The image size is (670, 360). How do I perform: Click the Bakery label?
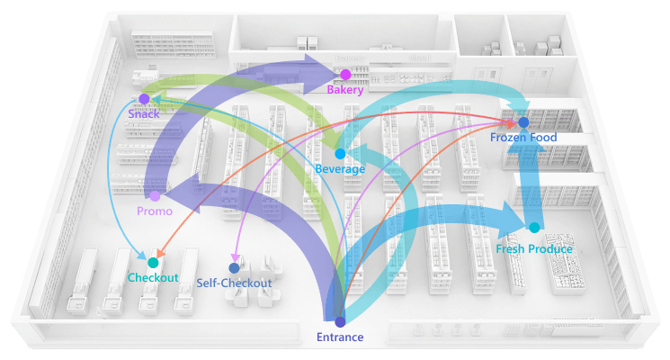pyautogui.click(x=345, y=90)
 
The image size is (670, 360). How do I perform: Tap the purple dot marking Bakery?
pyautogui.click(x=345, y=75)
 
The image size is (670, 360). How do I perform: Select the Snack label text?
pyautogui.click(x=143, y=114)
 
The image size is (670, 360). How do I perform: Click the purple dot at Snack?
pyautogui.click(x=144, y=99)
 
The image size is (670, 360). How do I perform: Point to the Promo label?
pyautogui.click(x=155, y=211)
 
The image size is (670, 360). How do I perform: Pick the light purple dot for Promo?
pyautogui.click(x=155, y=195)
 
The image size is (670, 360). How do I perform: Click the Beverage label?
pyautogui.click(x=340, y=169)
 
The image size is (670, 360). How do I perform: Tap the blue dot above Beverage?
pyautogui.click(x=340, y=154)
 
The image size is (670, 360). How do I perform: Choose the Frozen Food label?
pyautogui.click(x=523, y=138)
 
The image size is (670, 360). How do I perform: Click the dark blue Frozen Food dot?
pyautogui.click(x=523, y=122)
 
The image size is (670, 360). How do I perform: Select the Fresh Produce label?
pyautogui.click(x=534, y=248)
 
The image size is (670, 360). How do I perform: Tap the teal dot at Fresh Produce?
pyautogui.click(x=534, y=228)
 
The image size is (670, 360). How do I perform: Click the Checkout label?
pyautogui.click(x=153, y=278)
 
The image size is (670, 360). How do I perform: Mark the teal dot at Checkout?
pyautogui.click(x=153, y=263)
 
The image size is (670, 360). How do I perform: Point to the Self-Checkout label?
pyautogui.click(x=234, y=283)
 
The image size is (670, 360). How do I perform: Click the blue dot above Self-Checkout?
pyautogui.click(x=234, y=267)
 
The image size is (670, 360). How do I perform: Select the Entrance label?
pyautogui.click(x=340, y=337)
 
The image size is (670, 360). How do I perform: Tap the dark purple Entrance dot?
pyautogui.click(x=340, y=321)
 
